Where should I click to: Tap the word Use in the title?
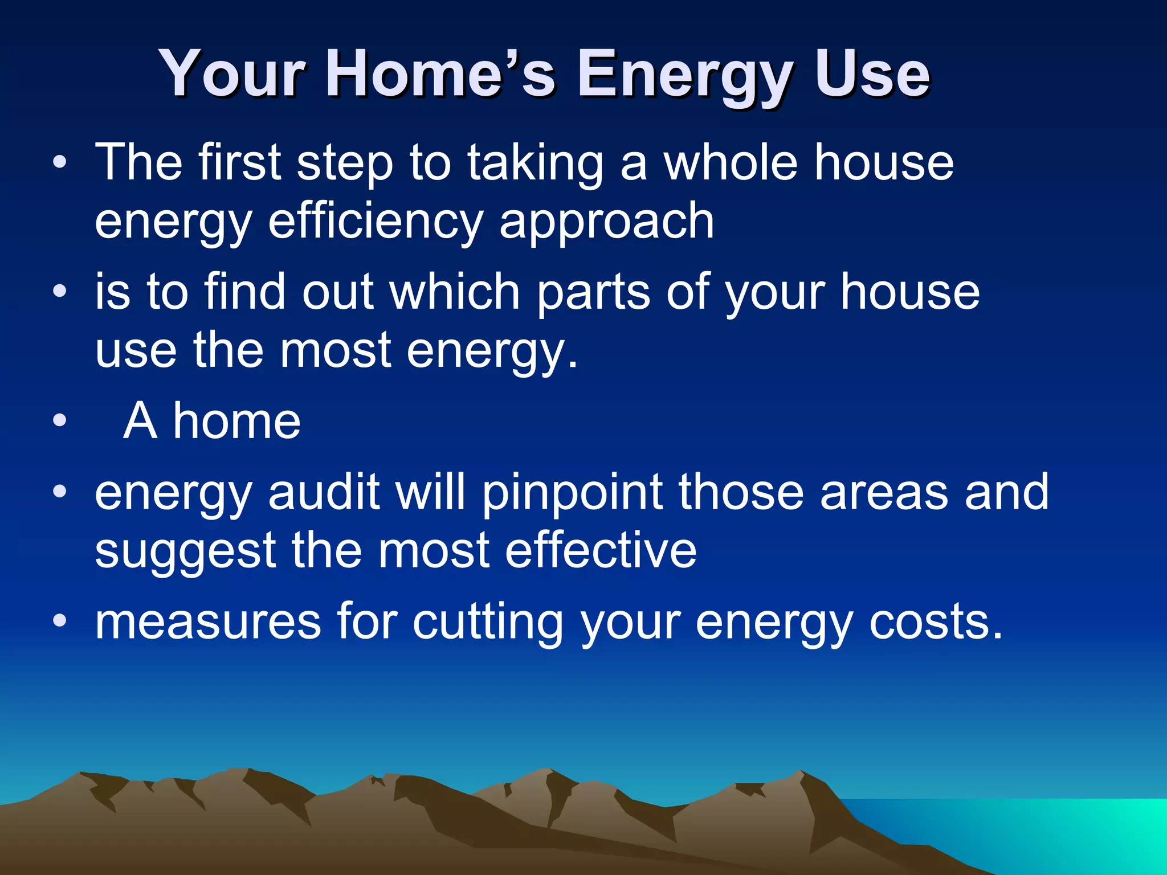pyautogui.click(x=872, y=74)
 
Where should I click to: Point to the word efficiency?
pyautogui.click(x=376, y=222)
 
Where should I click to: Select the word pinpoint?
pyautogui.click(x=572, y=493)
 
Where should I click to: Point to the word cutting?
pyautogui.click(x=488, y=623)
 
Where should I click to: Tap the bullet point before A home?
pyautogui.click(x=59, y=422)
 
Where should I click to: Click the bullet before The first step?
pyautogui.click(x=59, y=163)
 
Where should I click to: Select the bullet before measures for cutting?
pyautogui.click(x=59, y=620)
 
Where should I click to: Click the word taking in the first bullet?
pyautogui.click(x=536, y=163)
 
